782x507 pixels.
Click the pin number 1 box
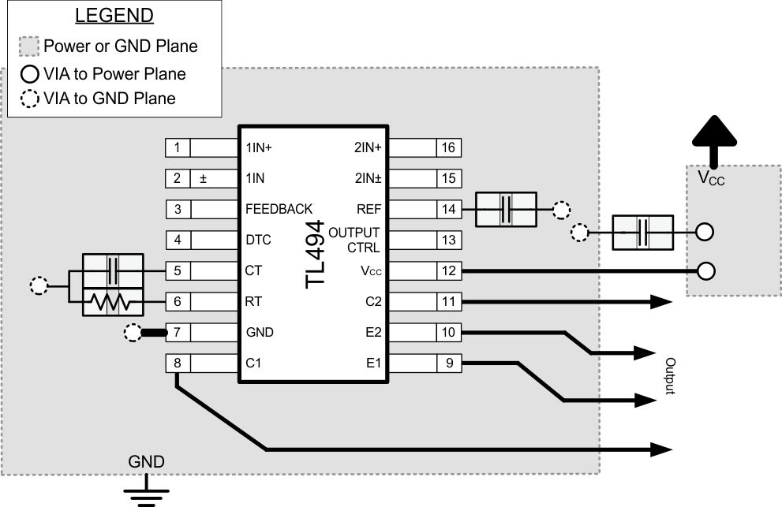click(178, 147)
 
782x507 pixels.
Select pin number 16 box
click(449, 147)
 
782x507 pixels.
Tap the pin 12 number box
click(449, 271)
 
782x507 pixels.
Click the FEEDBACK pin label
click(279, 209)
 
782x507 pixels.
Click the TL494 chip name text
click(316, 255)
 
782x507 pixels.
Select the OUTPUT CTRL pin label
click(354, 240)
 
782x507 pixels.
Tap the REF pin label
click(369, 209)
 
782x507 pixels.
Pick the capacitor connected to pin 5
click(114, 269)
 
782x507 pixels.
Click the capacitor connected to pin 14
click(507, 209)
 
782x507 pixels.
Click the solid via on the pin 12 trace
click(707, 271)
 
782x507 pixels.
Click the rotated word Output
click(669, 377)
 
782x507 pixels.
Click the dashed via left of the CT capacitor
click(38, 285)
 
